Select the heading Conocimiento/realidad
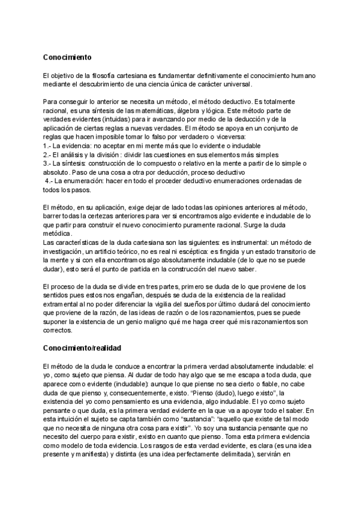(83, 348)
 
